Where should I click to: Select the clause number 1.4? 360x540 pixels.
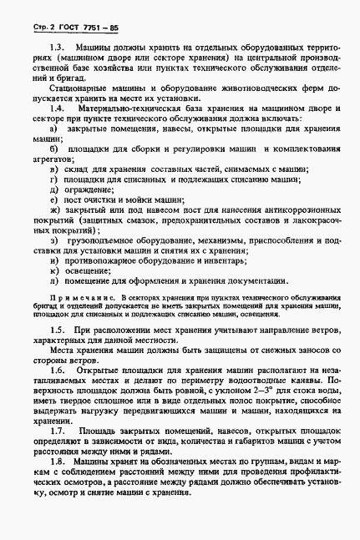[58, 109]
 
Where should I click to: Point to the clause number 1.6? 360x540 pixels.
[58, 369]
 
